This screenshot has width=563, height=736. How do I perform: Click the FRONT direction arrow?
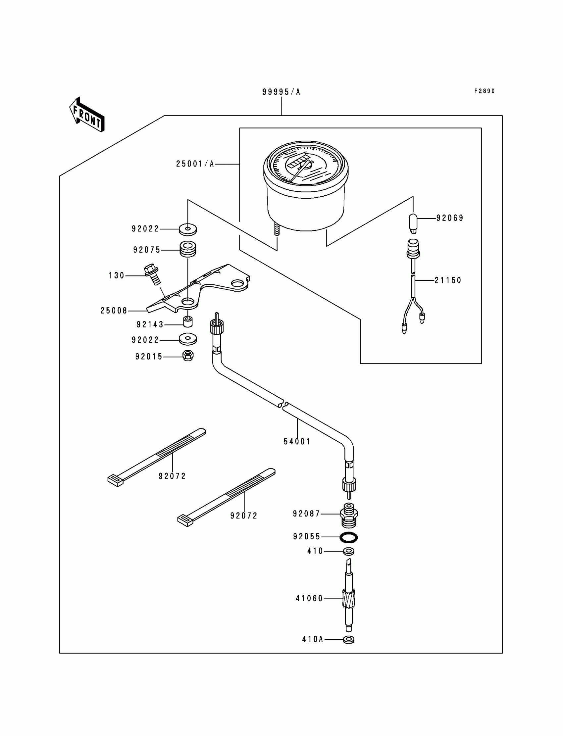click(x=87, y=115)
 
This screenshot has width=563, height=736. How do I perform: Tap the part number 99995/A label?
click(x=281, y=92)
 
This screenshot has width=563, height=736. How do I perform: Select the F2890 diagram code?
click(x=484, y=91)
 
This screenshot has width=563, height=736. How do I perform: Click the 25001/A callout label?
click(x=195, y=164)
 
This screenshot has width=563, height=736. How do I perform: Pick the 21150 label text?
click(x=448, y=280)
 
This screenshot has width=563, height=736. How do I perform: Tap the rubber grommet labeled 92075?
click(x=188, y=249)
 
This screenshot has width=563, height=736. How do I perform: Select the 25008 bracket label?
click(x=114, y=311)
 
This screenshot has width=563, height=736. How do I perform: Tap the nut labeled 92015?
click(x=188, y=356)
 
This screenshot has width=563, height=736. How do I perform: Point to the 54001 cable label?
click(x=297, y=442)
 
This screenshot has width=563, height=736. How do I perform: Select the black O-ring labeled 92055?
click(x=348, y=537)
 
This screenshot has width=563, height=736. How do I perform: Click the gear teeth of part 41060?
click(x=348, y=599)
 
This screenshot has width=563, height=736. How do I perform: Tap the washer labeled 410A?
click(x=349, y=640)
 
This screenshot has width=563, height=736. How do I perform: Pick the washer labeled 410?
click(x=349, y=551)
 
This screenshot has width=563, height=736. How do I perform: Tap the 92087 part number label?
click(x=306, y=514)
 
